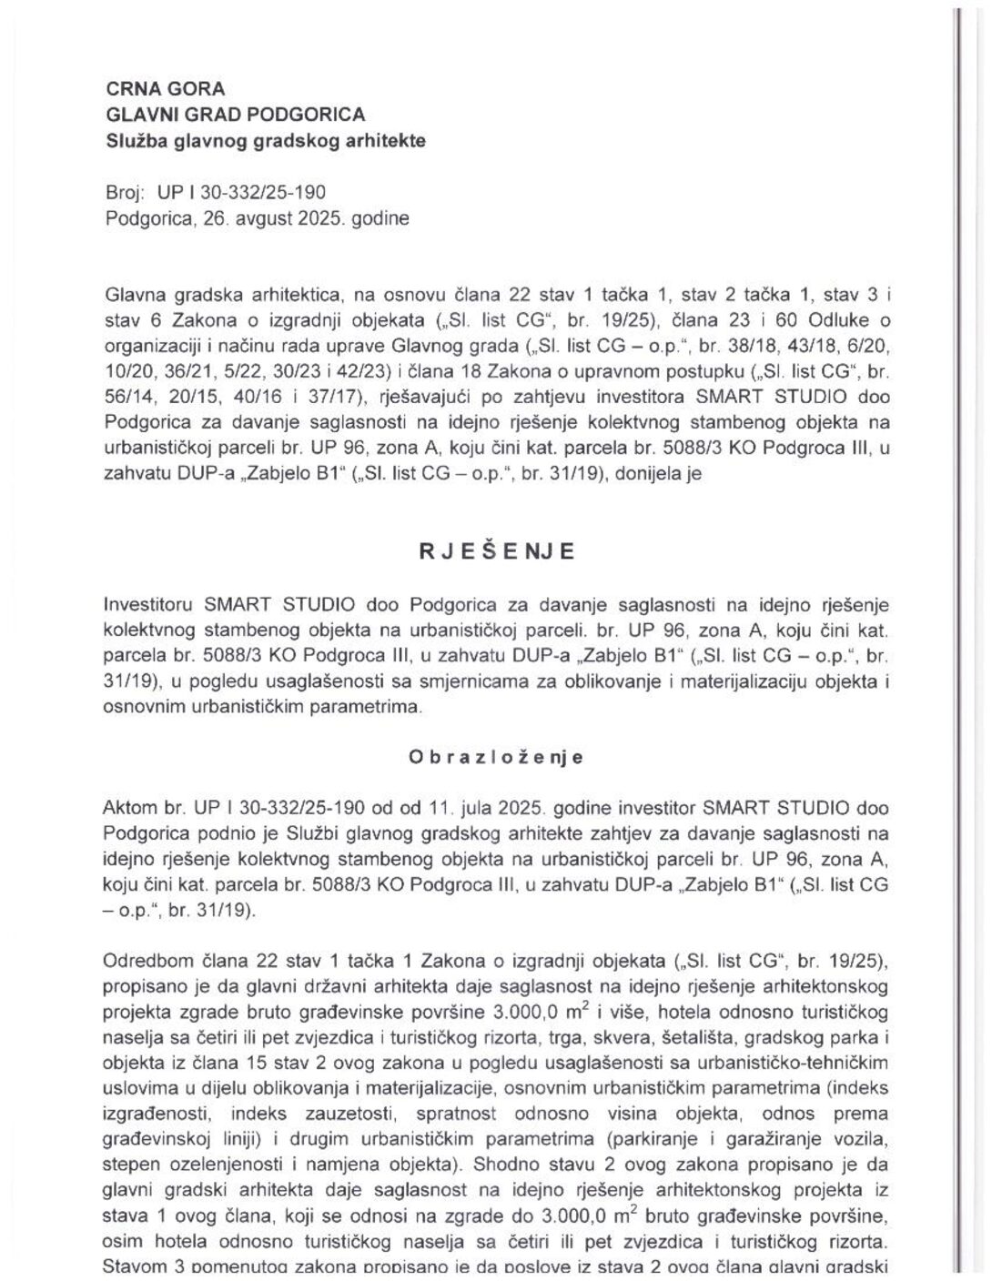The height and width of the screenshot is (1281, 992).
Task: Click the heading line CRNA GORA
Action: pos(165,89)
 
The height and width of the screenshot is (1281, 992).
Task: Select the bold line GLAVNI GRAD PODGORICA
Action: pos(236,115)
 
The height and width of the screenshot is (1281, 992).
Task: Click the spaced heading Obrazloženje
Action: pos(496,758)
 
